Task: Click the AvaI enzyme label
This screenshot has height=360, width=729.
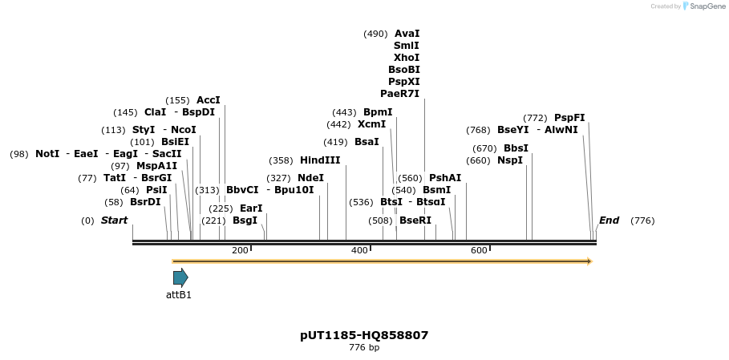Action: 407,34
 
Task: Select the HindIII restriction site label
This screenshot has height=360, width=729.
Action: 320,160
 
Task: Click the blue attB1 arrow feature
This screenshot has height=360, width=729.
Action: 180,277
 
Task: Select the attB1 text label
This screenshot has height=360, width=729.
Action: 179,294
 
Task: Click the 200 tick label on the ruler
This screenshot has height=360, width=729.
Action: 240,251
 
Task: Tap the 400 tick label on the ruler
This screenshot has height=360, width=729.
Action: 359,251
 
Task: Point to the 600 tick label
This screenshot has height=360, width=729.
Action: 479,251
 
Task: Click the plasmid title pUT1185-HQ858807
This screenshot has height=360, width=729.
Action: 364,335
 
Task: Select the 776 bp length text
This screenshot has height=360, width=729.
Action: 364,348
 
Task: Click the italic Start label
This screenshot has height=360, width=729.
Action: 114,220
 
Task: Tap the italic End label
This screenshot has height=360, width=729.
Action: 609,220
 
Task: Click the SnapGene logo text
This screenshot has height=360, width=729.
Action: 707,6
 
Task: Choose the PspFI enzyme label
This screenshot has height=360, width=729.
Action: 569,118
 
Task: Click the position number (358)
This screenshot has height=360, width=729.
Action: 281,160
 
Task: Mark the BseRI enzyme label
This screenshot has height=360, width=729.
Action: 415,220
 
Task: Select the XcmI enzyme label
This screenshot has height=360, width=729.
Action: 371,124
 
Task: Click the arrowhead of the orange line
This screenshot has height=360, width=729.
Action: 589,261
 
